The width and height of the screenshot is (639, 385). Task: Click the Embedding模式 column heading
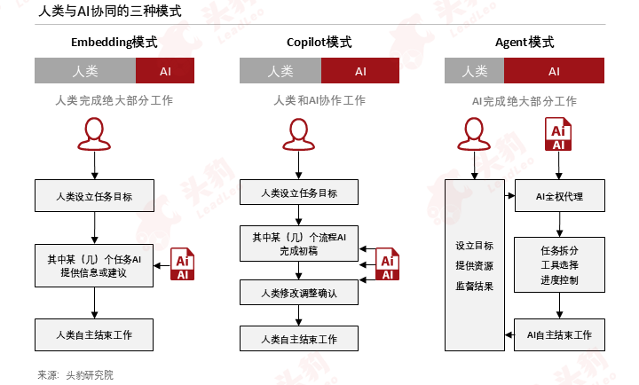[x=114, y=43]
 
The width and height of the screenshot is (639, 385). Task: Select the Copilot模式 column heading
[x=319, y=43]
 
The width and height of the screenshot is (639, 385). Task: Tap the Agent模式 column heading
[x=525, y=43]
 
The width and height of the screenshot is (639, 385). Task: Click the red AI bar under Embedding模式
[x=165, y=71]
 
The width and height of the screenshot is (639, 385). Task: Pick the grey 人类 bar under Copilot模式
[x=280, y=71]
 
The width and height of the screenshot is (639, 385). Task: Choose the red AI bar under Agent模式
[x=554, y=71]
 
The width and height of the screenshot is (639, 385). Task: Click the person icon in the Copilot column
[x=299, y=135]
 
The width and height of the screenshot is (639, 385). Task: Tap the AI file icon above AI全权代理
[x=558, y=134]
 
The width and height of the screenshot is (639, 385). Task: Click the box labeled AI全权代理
[x=559, y=195]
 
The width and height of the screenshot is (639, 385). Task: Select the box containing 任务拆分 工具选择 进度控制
[x=559, y=265]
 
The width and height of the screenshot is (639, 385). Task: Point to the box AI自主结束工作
[x=559, y=335]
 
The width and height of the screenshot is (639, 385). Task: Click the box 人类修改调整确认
[x=299, y=293]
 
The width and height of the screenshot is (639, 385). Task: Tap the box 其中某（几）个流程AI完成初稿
[x=299, y=244]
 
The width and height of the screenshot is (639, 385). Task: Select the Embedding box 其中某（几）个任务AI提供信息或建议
[x=94, y=265]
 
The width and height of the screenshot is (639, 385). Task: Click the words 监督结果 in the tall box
[x=474, y=286]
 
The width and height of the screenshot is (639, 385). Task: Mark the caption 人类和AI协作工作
[x=319, y=100]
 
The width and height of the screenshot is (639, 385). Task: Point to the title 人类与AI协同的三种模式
[x=110, y=11]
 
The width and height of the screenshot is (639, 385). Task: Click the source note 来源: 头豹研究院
[x=75, y=375]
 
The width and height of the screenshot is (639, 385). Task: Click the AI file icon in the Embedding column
[x=182, y=264]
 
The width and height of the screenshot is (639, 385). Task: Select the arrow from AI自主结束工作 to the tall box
[x=509, y=335]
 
